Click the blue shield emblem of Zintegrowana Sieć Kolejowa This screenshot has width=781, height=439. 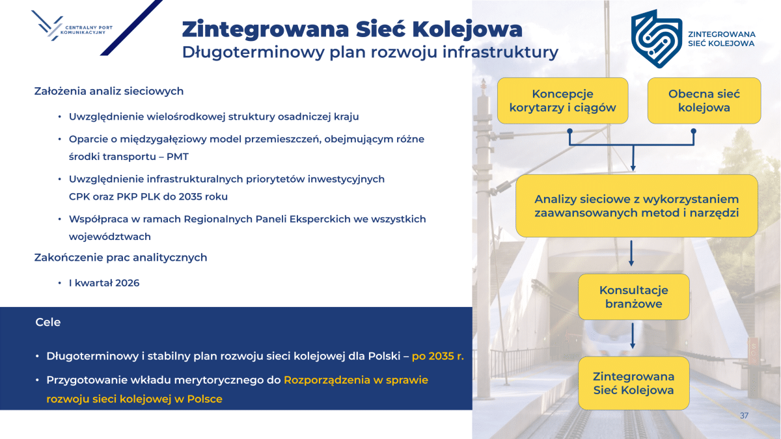[x=657, y=38]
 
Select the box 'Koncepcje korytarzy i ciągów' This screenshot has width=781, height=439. [x=563, y=101]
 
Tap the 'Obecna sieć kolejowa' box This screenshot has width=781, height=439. [x=704, y=101]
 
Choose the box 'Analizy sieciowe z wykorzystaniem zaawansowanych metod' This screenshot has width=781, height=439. [x=637, y=206]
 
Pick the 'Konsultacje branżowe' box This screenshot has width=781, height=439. [x=633, y=297]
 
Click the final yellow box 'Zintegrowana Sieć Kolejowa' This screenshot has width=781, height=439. [x=633, y=383]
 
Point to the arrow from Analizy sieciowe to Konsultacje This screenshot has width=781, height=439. [x=631, y=253]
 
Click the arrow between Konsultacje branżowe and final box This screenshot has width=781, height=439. [x=633, y=336]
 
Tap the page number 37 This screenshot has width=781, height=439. [x=744, y=416]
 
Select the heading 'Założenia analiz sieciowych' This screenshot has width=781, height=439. [x=109, y=91]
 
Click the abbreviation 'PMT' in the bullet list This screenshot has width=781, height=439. [x=178, y=157]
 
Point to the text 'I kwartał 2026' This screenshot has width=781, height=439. [x=104, y=283]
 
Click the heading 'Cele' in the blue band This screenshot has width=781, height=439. [x=48, y=323]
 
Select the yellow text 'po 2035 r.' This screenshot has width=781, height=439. [x=437, y=356]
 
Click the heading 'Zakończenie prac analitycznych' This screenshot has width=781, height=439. [x=120, y=258]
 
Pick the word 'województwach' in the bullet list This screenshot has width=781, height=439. [x=110, y=237]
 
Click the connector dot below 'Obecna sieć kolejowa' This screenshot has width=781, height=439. [x=694, y=131]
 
